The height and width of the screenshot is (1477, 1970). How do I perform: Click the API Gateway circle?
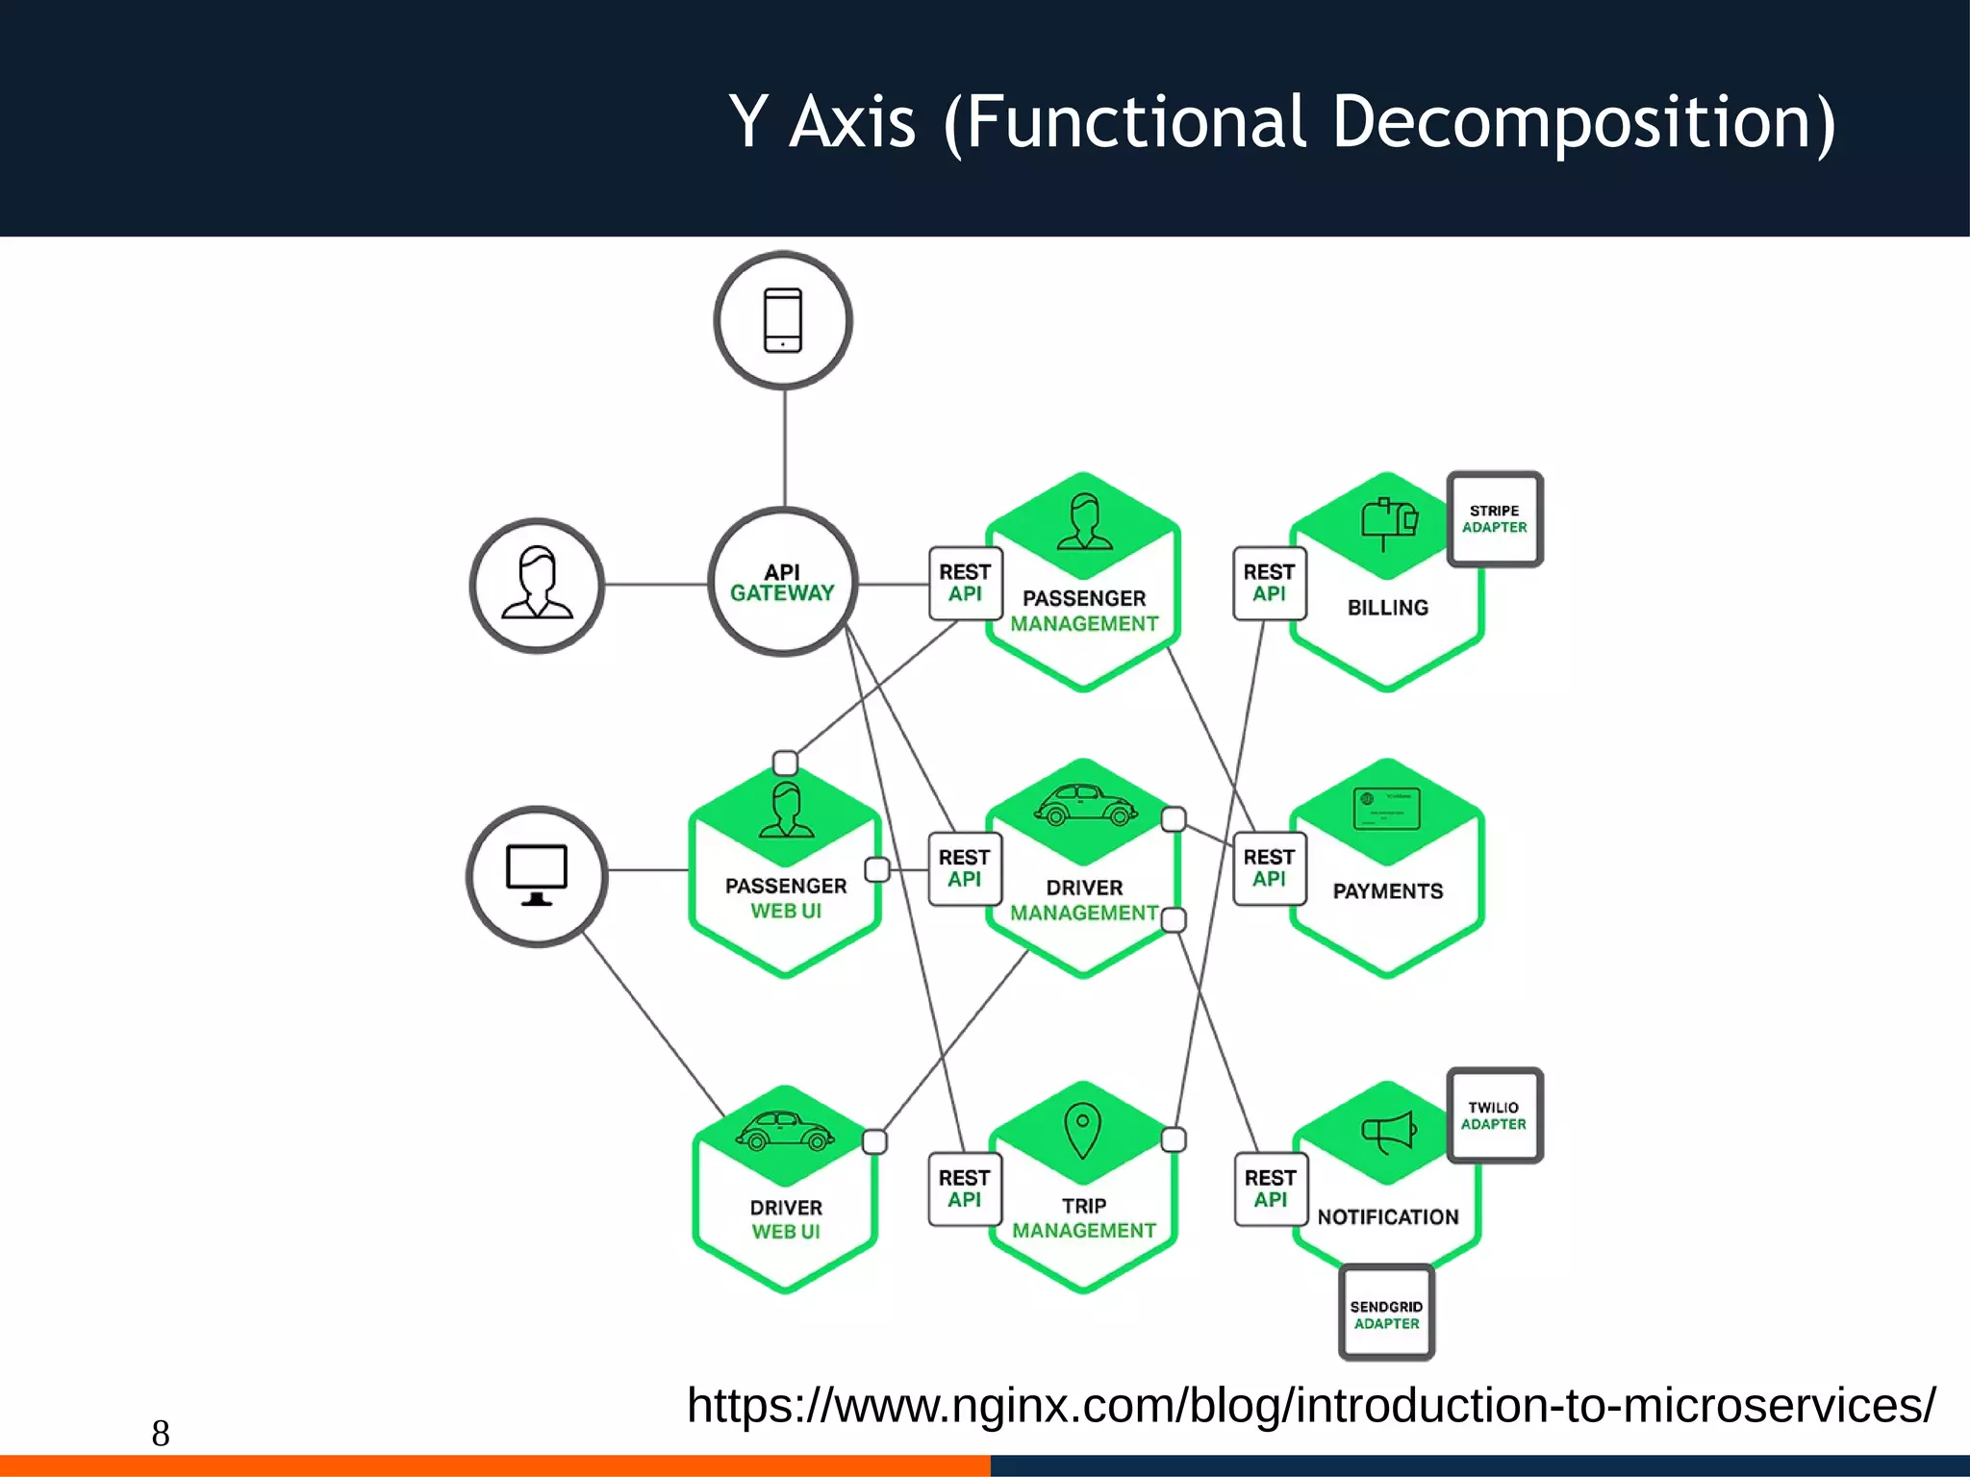point(783,583)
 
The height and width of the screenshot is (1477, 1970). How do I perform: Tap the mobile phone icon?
point(783,320)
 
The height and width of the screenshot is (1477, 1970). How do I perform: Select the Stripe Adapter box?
point(1494,519)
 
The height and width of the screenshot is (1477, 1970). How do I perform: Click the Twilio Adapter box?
point(1494,1115)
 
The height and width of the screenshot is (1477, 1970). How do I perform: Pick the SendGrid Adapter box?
point(1386,1314)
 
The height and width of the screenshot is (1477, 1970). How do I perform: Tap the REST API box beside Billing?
point(1269,583)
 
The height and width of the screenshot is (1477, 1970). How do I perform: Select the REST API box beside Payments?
point(1269,868)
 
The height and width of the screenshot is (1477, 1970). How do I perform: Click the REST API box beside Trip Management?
point(965,1189)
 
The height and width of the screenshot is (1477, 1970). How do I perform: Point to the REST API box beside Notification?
point(1271,1189)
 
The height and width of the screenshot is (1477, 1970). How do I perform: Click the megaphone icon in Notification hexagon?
point(1388,1132)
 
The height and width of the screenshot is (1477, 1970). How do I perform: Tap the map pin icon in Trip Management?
point(1082,1130)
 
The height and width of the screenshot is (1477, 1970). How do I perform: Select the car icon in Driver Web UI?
point(785,1132)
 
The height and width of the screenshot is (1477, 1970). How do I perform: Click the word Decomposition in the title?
point(1583,122)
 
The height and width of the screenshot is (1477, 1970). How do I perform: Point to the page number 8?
point(161,1434)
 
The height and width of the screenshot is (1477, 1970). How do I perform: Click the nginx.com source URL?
point(1310,1405)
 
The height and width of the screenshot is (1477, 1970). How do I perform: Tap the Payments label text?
point(1387,891)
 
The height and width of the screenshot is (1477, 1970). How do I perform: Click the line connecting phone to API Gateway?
point(785,448)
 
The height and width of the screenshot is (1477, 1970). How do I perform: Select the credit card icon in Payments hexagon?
point(1386,809)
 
